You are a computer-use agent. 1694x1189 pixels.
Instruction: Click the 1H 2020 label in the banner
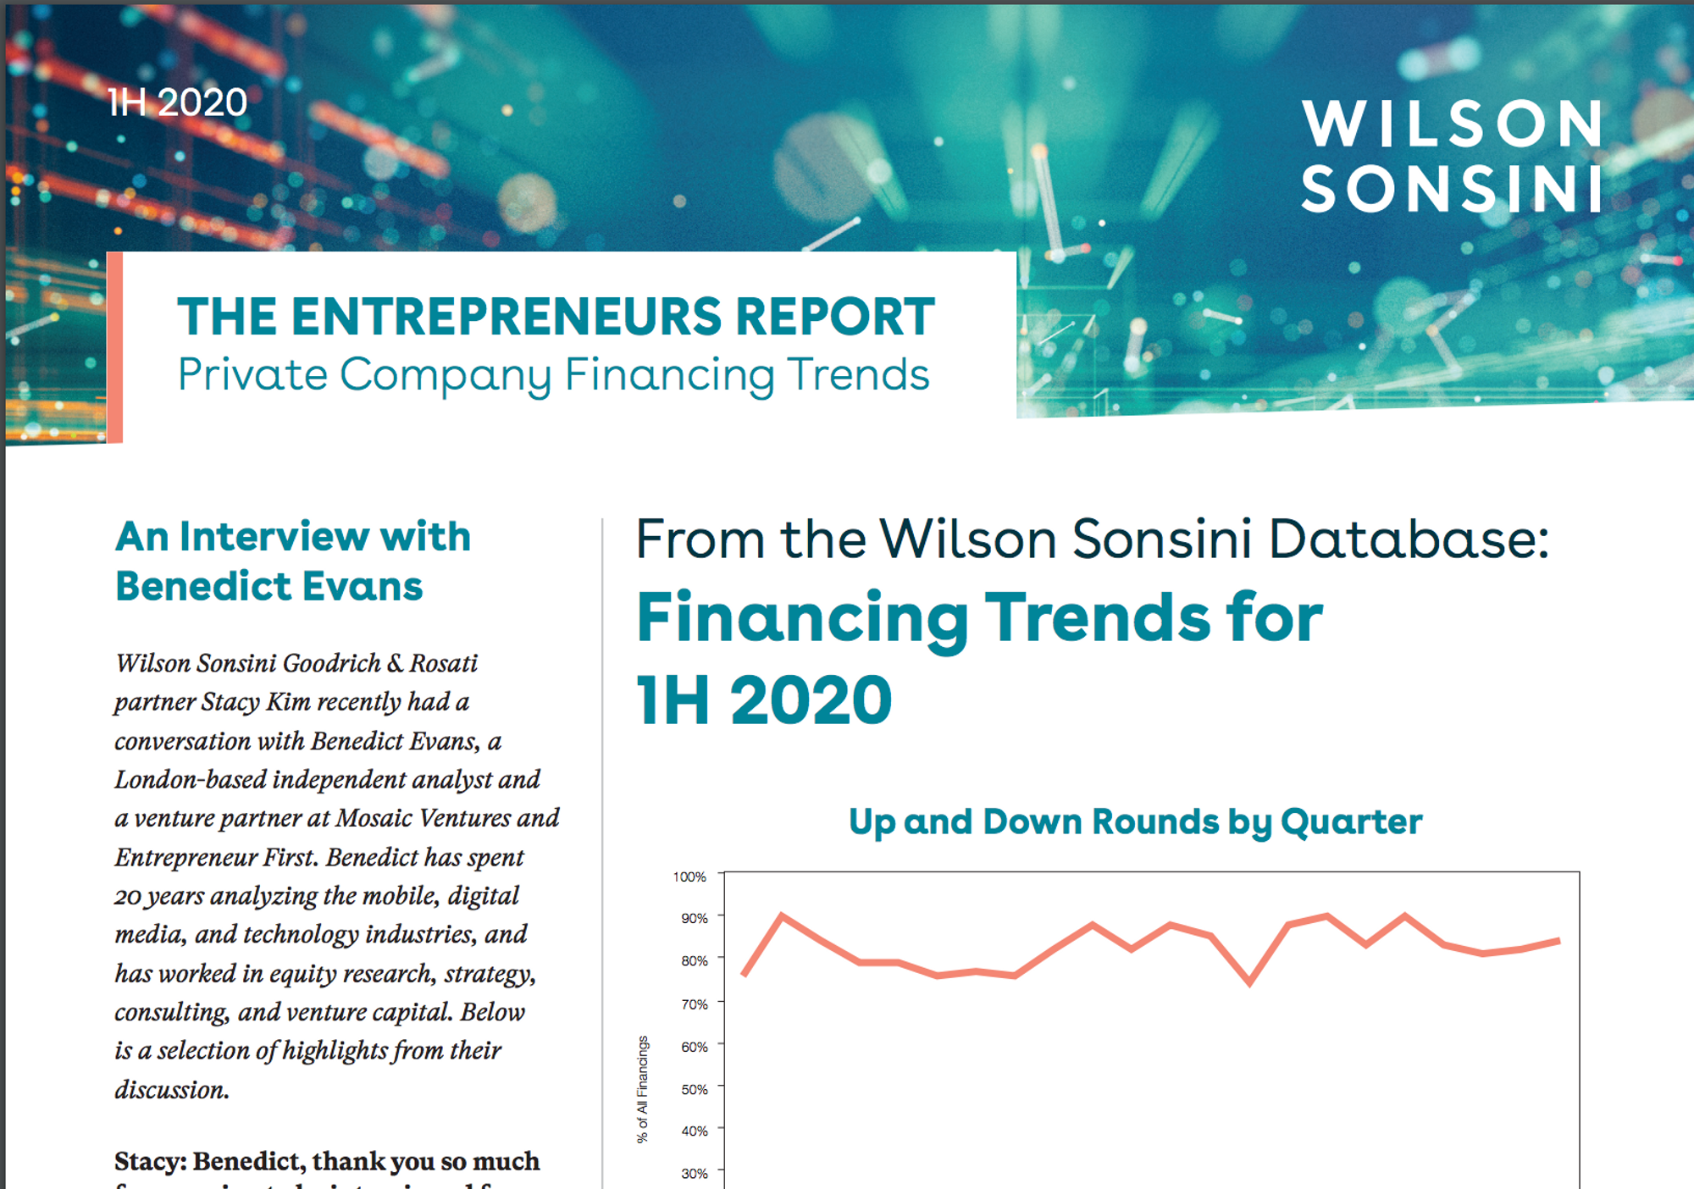pyautogui.click(x=177, y=102)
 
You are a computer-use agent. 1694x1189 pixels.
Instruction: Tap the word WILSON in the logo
pyautogui.click(x=1453, y=124)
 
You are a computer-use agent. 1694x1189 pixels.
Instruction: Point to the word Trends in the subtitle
pyautogui.click(x=858, y=374)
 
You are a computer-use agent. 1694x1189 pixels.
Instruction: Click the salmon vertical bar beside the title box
pyautogui.click(x=115, y=347)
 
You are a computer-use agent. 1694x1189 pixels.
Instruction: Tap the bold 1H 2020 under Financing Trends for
pyautogui.click(x=764, y=700)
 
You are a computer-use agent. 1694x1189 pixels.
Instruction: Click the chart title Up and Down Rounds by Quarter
pyautogui.click(x=1135, y=821)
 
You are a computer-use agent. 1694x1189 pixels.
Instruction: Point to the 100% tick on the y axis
pyautogui.click(x=689, y=877)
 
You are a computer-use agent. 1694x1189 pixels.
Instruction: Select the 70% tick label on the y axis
pyautogui.click(x=695, y=1004)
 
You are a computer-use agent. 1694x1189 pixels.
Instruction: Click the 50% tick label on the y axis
pyautogui.click(x=695, y=1089)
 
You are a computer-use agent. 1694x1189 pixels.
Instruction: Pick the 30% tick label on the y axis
pyautogui.click(x=695, y=1174)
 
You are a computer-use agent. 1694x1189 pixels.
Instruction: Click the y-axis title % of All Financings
pyautogui.click(x=643, y=1089)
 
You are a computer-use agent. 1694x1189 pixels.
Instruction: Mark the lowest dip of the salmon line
pyautogui.click(x=1249, y=983)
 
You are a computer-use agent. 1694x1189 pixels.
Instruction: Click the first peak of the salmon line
pyautogui.click(x=781, y=915)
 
